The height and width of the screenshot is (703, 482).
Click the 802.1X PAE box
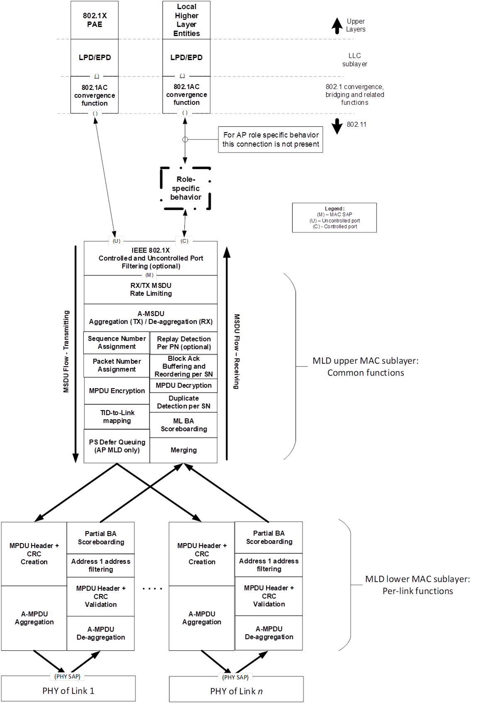pos(95,20)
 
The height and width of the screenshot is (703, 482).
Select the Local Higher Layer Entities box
pos(186,20)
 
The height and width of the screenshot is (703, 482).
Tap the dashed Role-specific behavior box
pos(185,188)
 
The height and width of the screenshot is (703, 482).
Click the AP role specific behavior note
pos(270,140)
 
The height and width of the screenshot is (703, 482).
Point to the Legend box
pos(334,217)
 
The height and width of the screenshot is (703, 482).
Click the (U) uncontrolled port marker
pos(117,241)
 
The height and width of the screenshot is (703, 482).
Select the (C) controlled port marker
pos(185,241)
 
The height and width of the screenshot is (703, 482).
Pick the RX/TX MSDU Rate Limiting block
pos(151,290)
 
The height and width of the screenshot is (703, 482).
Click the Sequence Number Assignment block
pos(117,343)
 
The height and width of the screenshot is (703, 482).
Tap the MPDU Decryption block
pos(183,386)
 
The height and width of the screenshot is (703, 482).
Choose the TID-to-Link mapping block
pos(117,417)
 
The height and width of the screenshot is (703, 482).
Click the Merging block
pos(183,450)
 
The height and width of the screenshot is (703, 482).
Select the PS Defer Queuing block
pos(117,446)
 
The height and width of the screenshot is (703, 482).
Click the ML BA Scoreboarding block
pos(183,425)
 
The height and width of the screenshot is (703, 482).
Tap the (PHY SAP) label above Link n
pos(235,677)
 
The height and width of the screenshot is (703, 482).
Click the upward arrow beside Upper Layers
pos(337,25)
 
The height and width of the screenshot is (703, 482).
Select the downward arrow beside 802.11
pos(337,126)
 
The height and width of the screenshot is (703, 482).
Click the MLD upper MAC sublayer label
pos(365,367)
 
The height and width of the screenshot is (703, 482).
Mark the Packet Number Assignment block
pos(117,366)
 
